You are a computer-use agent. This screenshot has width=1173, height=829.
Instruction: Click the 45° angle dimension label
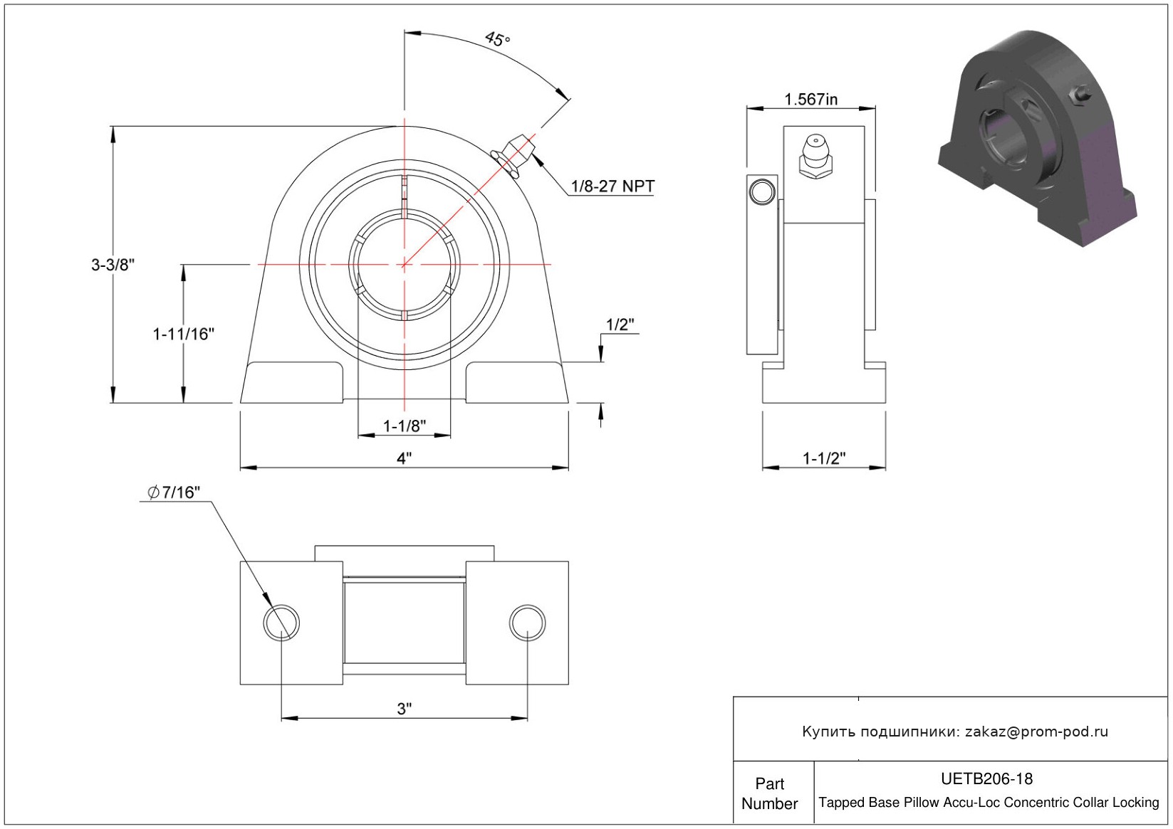tap(497, 38)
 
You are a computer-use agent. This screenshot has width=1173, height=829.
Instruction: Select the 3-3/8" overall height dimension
tap(113, 265)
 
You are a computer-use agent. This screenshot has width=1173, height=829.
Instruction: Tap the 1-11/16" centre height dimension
tap(183, 334)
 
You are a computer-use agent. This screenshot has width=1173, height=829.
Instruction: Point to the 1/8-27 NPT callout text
tap(612, 186)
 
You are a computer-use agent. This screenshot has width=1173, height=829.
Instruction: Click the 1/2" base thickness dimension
tap(620, 324)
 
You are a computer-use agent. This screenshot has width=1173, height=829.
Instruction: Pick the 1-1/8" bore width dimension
tap(405, 426)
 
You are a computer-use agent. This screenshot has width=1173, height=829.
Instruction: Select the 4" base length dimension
tap(405, 458)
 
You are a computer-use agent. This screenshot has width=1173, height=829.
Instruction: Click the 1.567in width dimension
tap(810, 99)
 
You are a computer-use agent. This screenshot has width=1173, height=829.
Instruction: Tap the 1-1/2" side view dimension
tap(824, 458)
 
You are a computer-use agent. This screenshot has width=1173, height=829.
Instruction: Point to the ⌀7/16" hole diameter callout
tap(174, 492)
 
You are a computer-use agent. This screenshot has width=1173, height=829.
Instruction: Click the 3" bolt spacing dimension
tap(405, 709)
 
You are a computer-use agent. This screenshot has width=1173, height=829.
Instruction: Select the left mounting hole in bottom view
tap(281, 623)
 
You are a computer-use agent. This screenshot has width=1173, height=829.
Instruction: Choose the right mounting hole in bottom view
tap(527, 623)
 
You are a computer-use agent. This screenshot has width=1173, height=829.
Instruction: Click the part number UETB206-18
tap(986, 778)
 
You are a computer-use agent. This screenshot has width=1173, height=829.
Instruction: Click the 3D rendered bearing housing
tap(1037, 137)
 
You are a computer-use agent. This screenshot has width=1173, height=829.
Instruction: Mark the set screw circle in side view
tap(762, 191)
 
